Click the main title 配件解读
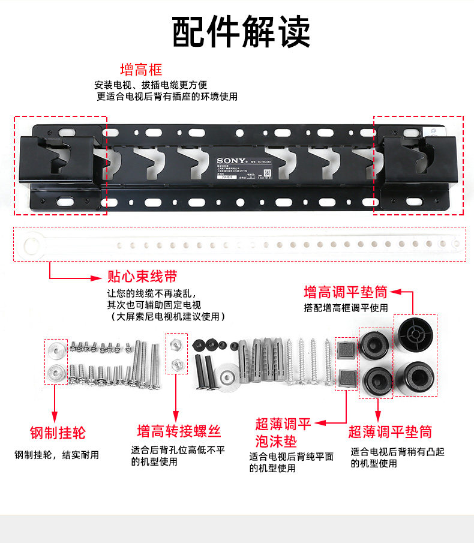tap(241, 32)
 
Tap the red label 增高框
tap(141, 70)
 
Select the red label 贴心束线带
tap(142, 277)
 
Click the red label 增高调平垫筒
tap(346, 292)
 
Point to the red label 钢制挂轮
tap(58, 433)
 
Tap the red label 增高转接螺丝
tap(179, 431)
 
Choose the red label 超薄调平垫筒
tap(390, 431)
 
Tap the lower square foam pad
tap(346, 377)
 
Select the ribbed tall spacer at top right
tap(415, 331)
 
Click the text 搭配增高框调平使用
tap(346, 308)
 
